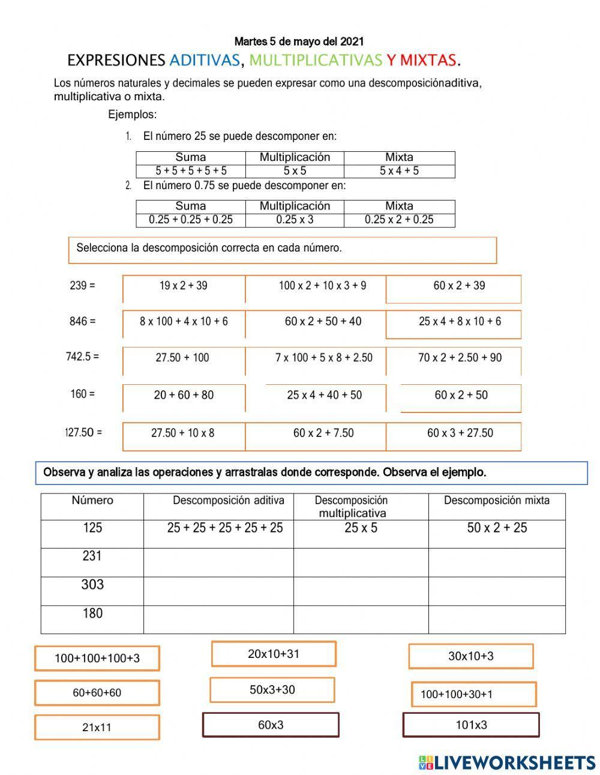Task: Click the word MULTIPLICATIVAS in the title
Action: (x=315, y=60)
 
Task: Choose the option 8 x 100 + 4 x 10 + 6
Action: (x=184, y=322)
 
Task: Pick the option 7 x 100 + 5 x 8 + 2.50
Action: (x=323, y=358)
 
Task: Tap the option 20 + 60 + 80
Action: (x=184, y=395)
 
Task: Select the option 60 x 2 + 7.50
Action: (x=323, y=433)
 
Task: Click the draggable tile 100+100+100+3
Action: (x=97, y=658)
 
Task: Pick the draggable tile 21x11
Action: (x=97, y=728)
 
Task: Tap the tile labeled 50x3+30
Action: (x=272, y=690)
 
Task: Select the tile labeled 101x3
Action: (x=471, y=725)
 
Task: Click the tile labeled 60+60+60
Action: (x=97, y=693)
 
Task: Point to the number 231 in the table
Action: (x=92, y=556)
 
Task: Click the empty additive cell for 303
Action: (x=218, y=591)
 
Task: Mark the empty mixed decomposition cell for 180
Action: (x=497, y=620)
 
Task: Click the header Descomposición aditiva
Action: (x=229, y=500)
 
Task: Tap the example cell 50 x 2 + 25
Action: (x=497, y=528)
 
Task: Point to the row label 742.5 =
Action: (x=82, y=357)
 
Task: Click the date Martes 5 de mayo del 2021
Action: (x=299, y=41)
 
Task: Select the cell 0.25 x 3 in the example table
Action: (x=295, y=220)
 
